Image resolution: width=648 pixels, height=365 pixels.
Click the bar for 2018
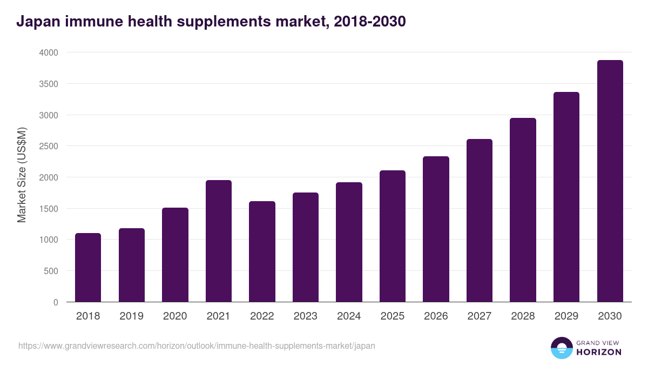[88, 268]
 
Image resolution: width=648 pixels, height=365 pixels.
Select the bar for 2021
[218, 241]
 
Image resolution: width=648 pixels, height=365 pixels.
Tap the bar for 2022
[262, 251]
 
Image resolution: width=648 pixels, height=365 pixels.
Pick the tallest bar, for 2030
[610, 181]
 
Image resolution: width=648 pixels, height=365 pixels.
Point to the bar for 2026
[436, 229]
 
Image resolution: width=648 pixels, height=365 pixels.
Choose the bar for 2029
[566, 197]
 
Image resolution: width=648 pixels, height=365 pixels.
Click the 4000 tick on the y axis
[48, 52]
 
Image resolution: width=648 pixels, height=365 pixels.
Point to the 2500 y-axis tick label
[48, 146]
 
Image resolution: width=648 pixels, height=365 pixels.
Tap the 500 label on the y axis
[51, 271]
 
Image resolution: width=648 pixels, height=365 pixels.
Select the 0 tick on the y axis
[56, 302]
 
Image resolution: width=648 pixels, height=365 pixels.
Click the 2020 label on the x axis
[175, 316]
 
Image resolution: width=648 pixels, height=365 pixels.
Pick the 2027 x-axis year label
[479, 316]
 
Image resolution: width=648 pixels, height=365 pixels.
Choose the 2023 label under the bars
[305, 316]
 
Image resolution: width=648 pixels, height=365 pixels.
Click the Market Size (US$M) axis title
[22, 175]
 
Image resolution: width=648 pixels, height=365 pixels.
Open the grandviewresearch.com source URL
[197, 346]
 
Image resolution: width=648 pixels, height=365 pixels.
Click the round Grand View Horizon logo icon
[561, 348]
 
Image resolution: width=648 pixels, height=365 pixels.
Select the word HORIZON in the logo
[599, 352]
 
